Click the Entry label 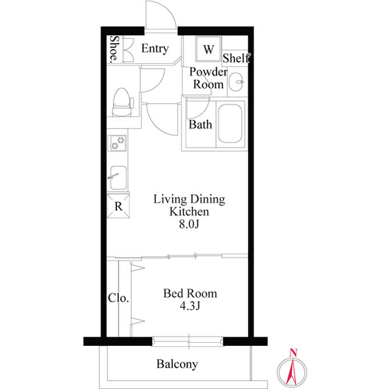155,49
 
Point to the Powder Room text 208,79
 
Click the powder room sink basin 238,82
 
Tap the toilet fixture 122,102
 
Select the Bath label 200,125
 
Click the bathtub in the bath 230,124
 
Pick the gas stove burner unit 118,144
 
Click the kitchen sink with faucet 118,177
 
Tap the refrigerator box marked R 118,206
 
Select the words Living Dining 189,200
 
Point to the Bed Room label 190,294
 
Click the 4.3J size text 190,307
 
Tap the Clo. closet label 118,298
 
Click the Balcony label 177,365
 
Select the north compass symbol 293,368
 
